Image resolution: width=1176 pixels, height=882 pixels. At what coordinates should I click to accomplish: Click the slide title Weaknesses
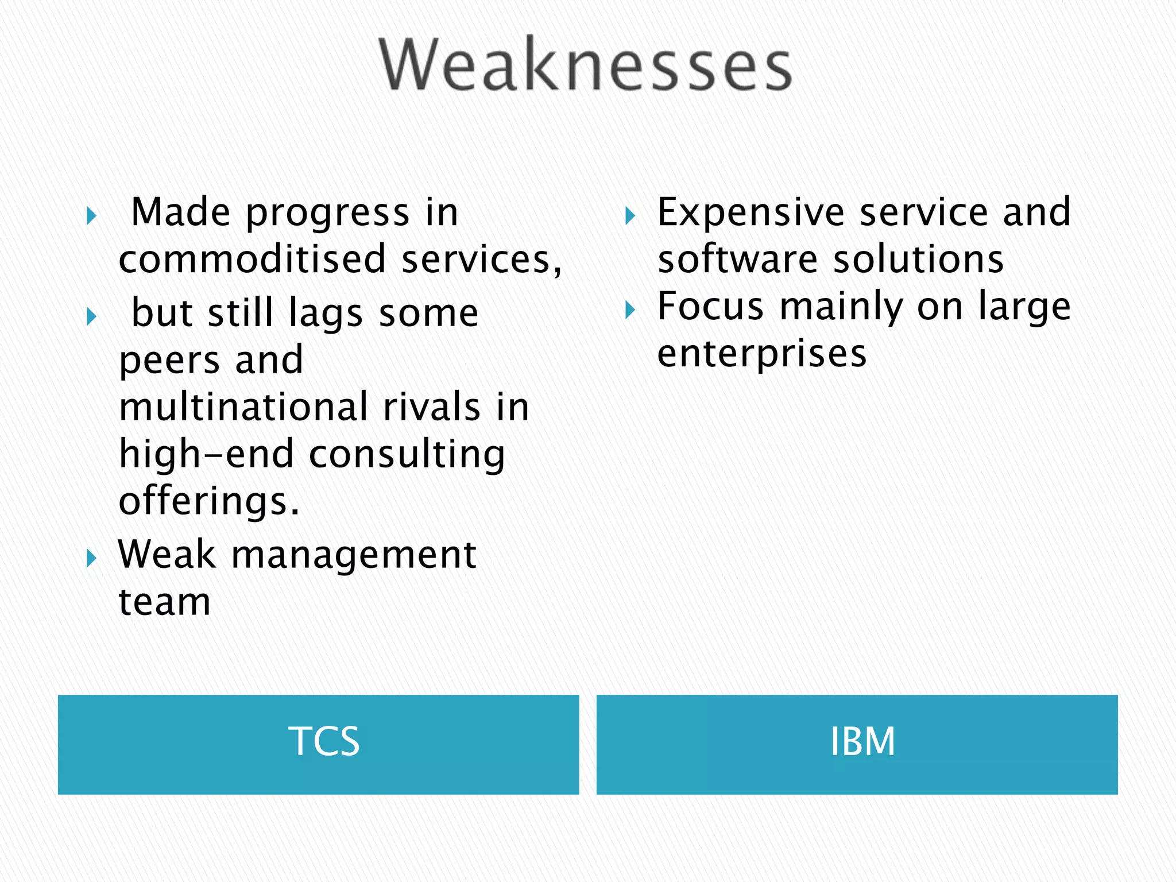(586, 64)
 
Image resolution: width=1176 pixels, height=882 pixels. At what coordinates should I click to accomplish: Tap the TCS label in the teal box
(323, 741)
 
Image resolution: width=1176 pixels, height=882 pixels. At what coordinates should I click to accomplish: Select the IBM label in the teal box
(862, 741)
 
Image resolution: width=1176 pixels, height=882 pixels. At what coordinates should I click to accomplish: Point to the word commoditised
(252, 259)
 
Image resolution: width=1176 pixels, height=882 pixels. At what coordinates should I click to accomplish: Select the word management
(354, 556)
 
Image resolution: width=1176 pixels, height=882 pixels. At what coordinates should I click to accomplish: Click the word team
(165, 602)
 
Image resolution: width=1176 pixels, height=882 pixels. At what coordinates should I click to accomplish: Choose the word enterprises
(761, 354)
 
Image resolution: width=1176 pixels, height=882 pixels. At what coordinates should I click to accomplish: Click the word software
(737, 259)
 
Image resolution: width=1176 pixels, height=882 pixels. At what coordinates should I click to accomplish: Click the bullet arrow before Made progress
(91, 216)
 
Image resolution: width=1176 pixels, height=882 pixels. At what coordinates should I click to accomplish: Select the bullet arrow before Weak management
(91, 558)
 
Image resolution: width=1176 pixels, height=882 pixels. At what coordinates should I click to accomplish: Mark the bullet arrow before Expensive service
(630, 216)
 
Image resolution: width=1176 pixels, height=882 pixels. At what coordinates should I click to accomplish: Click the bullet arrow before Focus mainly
(630, 311)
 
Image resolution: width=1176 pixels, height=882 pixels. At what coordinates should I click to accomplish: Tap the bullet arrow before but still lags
(91, 316)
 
